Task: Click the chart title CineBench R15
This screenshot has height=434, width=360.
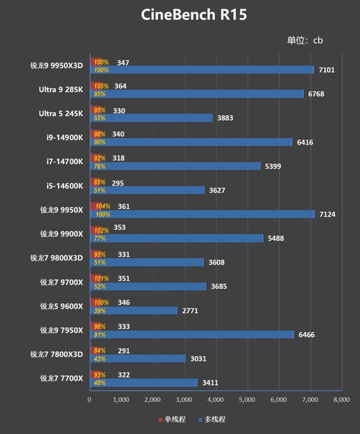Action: tap(193, 15)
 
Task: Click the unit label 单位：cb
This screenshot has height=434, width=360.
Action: tap(305, 40)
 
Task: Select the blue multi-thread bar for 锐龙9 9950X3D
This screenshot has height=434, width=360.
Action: tap(202, 70)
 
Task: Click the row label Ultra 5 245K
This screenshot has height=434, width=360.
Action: tap(61, 113)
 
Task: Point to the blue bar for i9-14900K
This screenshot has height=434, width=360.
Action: tap(191, 142)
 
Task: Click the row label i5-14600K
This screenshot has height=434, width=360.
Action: tap(64, 186)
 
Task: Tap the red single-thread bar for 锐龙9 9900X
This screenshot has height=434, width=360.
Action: tap(96, 231)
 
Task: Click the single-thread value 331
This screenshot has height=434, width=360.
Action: tap(123, 255)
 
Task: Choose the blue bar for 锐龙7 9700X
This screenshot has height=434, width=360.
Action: tap(148, 287)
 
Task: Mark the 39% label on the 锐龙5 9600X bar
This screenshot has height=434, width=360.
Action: tap(99, 311)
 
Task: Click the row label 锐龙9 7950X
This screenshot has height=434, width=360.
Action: tap(62, 330)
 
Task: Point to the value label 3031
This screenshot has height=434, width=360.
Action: tap(197, 359)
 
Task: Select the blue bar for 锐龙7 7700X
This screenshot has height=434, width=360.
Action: tap(144, 383)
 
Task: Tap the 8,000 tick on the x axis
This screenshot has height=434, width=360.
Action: tap(342, 399)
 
